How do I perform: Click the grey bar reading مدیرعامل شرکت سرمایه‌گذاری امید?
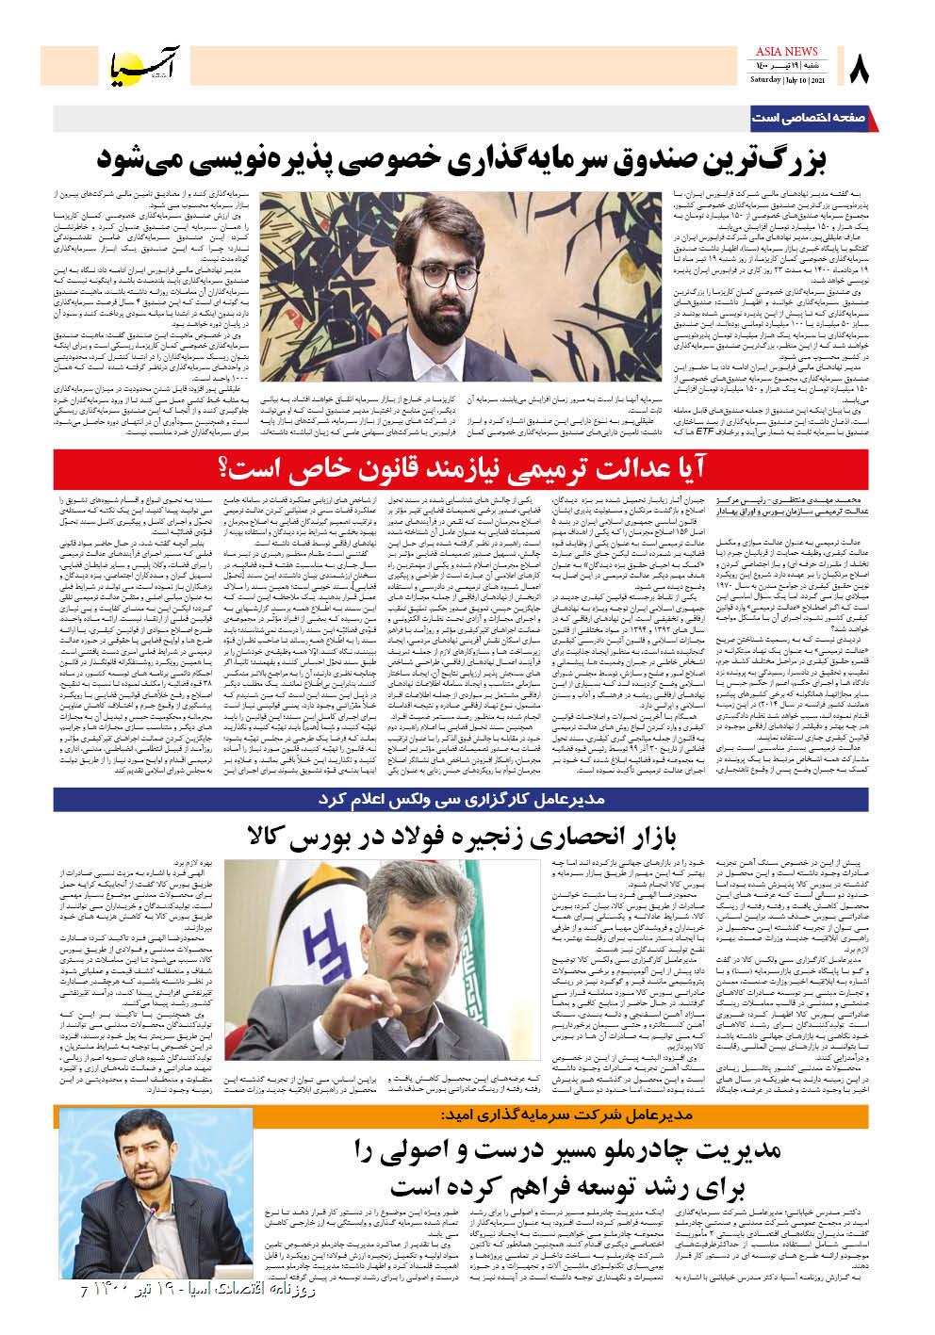coord(566,1115)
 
